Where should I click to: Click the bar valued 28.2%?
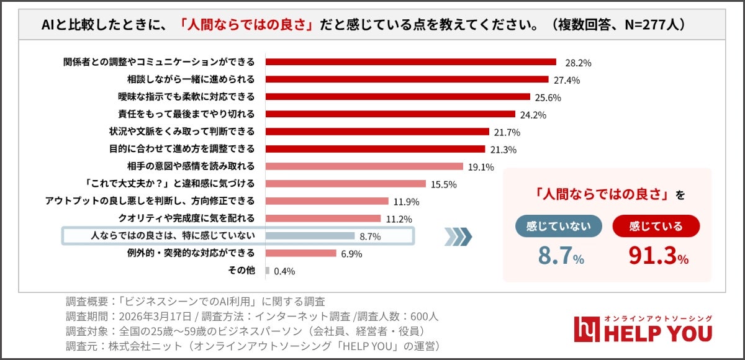pos(410,62)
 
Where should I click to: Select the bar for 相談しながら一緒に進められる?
pos(407,79)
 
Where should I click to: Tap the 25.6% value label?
pos(547,97)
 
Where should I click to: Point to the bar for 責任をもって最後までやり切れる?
pos(391,114)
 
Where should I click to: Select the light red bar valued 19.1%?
pos(364,166)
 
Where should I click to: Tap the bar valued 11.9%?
pos(327,201)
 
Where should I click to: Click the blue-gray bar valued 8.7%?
pos(310,236)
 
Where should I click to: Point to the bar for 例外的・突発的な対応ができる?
pos(300,253)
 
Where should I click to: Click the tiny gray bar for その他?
pos(268,271)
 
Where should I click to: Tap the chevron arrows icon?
pos(459,236)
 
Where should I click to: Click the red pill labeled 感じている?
pos(656,226)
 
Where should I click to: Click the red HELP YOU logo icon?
pos(585,329)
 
